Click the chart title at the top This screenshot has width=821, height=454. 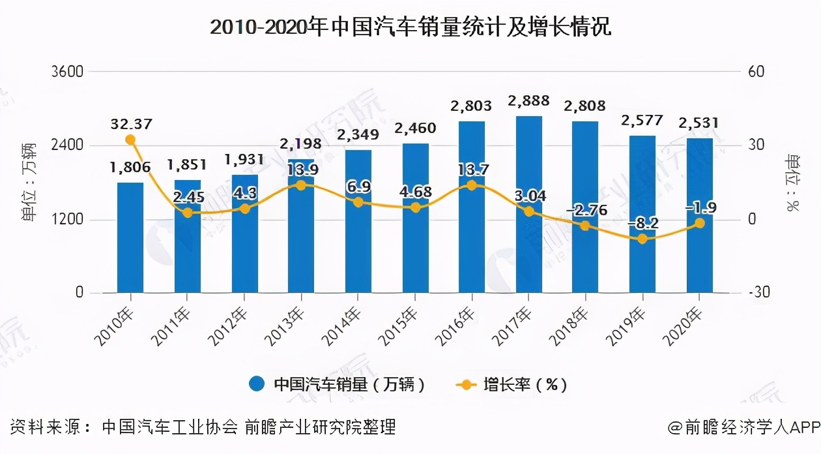410,27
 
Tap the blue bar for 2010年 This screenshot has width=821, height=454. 130,238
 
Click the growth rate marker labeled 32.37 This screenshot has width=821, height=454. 130,140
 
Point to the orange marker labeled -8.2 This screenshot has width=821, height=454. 642,239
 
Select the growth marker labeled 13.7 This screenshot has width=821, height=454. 472,185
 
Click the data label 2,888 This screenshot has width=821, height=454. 529,101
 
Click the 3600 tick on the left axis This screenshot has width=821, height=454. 66,71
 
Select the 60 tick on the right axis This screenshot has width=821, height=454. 756,71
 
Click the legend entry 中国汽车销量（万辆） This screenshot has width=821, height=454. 339,384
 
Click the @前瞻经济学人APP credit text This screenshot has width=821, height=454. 743,428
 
